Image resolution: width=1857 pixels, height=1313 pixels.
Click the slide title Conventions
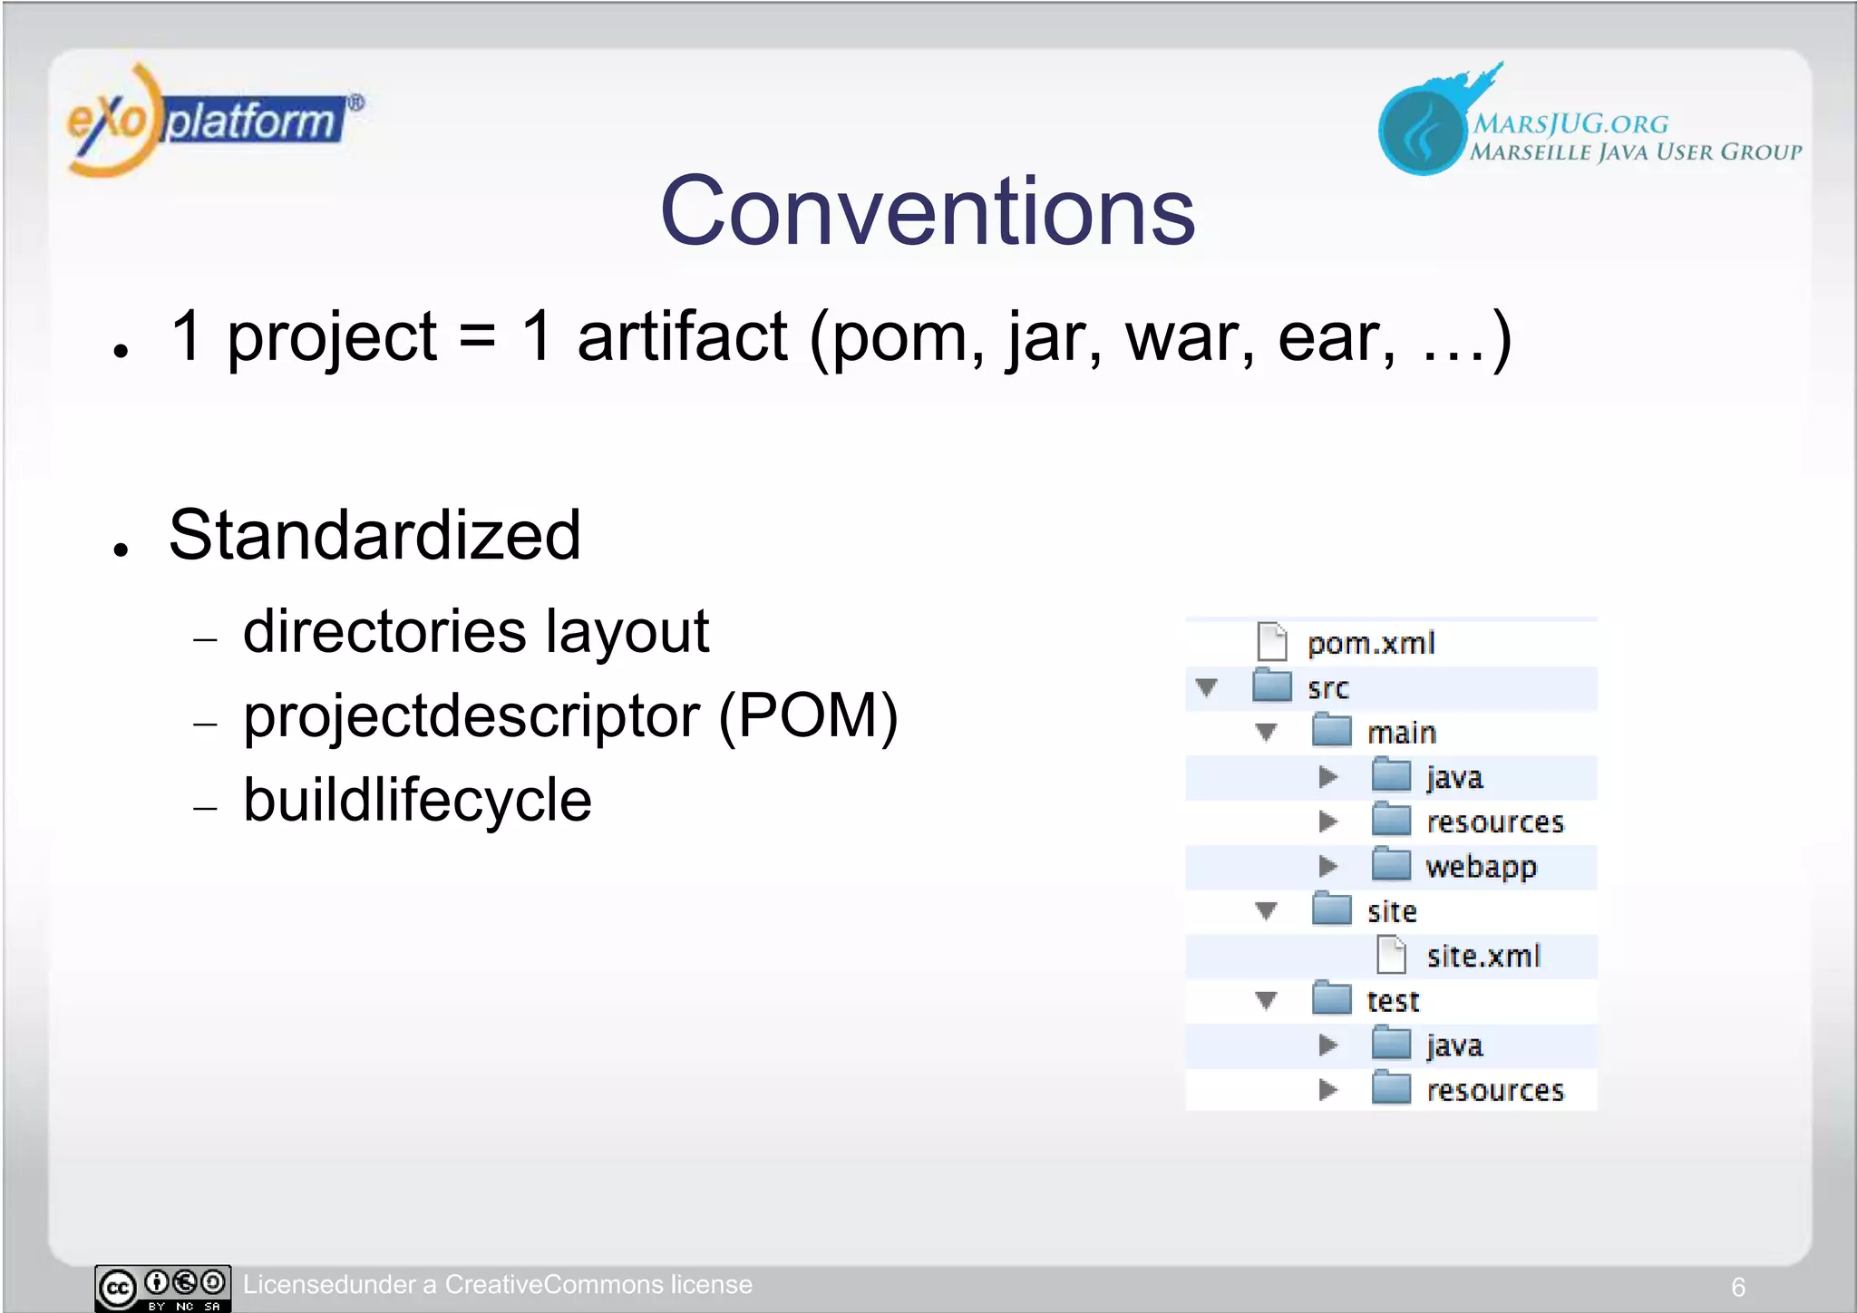pos(928,211)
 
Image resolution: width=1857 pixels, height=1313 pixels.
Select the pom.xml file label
pos(1370,643)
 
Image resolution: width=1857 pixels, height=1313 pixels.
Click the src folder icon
pos(1271,686)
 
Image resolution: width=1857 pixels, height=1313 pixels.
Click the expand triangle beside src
pos(1206,687)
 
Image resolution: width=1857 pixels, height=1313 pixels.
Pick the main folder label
pos(1401,732)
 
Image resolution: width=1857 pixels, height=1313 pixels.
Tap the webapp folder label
pos(1481,867)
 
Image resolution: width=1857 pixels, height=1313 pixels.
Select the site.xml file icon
pos(1391,955)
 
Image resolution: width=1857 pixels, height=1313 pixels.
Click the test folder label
pos(1392,1000)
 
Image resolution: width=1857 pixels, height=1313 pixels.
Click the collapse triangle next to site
pos(1266,910)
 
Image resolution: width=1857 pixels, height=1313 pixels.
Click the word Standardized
pos(374,535)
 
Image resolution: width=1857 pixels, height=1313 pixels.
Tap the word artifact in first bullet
pos(682,336)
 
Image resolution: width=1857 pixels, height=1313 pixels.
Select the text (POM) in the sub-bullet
pos(808,715)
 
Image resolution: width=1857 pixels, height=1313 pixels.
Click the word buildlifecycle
pos(417,800)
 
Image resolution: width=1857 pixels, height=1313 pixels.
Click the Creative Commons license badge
pos(163,1288)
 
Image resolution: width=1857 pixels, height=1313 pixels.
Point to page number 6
pos(1737,1287)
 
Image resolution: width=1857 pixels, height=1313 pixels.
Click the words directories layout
pos(475,631)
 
